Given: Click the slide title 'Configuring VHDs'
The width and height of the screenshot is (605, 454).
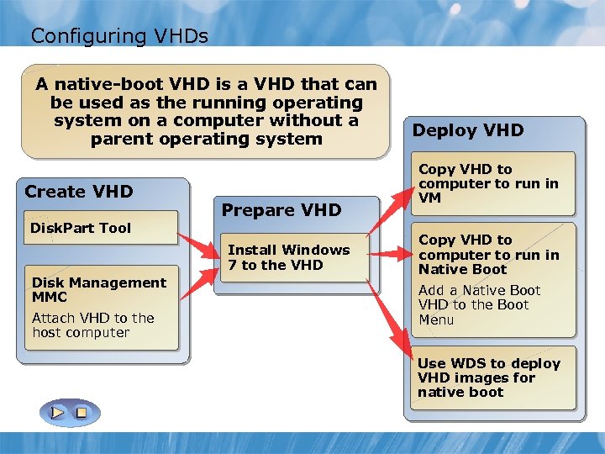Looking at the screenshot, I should [118, 35].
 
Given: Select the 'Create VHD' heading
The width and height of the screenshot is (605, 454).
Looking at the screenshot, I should [79, 192].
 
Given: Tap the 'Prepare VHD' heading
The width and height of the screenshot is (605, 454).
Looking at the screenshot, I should [281, 210].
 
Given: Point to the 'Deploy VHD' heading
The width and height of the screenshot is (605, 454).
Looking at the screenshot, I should [468, 130].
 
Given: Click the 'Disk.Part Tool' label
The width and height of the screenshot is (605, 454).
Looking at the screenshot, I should [81, 228].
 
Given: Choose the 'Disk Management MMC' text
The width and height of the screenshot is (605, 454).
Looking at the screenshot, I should [98, 289].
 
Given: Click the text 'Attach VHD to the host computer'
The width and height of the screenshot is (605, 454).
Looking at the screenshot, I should [92, 325].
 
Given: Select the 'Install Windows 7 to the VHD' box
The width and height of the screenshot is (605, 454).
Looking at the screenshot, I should [288, 257].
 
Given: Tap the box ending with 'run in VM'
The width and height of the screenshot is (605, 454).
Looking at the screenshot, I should [489, 183].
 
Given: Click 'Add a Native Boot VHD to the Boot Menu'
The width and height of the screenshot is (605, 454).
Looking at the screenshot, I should [480, 305].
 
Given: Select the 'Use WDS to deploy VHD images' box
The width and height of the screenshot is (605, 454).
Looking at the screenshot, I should [489, 377].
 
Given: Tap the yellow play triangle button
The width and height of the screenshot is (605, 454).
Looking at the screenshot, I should [56, 413].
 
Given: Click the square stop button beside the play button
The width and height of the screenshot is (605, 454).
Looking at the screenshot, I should [81, 413].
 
